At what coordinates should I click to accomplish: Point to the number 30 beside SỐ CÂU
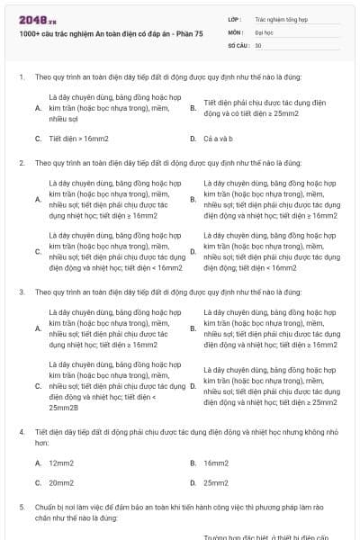pyautogui.click(x=258, y=44)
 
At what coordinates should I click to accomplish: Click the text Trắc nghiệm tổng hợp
pyautogui.click(x=281, y=18)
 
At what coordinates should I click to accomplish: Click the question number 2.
pyautogui.click(x=21, y=163)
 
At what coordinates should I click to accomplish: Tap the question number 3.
pyautogui.click(x=21, y=292)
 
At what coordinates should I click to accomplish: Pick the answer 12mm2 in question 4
pyautogui.click(x=62, y=463)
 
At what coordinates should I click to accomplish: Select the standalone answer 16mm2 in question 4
pyautogui.click(x=216, y=463)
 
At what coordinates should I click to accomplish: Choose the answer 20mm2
pyautogui.click(x=62, y=483)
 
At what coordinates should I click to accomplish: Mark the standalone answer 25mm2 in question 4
pyautogui.click(x=216, y=483)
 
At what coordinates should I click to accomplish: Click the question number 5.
pyautogui.click(x=21, y=508)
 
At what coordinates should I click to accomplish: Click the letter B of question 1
pyautogui.click(x=193, y=108)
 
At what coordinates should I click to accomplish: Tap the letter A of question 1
pyautogui.click(x=38, y=108)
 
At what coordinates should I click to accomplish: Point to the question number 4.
pyautogui.click(x=21, y=432)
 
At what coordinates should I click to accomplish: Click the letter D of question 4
pyautogui.click(x=193, y=483)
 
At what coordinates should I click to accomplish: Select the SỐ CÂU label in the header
pyautogui.click(x=238, y=44)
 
